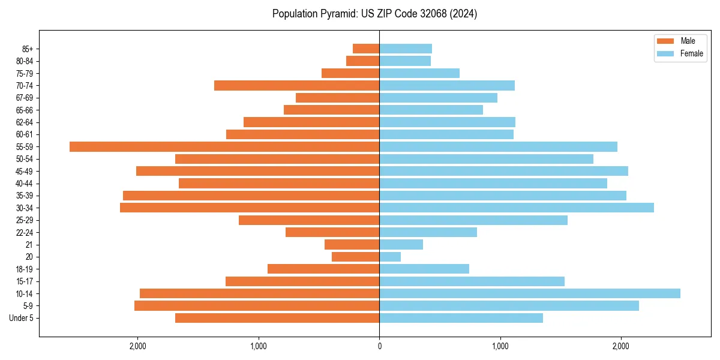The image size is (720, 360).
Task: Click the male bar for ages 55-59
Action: coord(224,146)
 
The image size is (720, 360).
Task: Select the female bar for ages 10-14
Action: coord(530,293)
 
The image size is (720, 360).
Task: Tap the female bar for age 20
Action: coord(390,257)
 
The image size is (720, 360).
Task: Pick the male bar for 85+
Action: coord(366,49)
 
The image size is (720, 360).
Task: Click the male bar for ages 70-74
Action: coord(296,85)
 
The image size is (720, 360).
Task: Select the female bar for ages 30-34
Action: coord(517,208)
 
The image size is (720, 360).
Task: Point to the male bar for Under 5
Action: coord(277,318)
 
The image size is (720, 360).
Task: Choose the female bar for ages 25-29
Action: coord(473,220)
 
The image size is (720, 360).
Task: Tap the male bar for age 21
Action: coord(352,244)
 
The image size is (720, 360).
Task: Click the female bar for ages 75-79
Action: coord(419,73)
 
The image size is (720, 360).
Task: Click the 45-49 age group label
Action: coord(24,171)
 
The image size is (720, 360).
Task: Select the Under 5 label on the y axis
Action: coord(21,318)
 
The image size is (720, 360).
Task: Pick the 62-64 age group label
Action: coord(24,122)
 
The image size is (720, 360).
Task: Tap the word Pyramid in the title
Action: coord(337,14)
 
